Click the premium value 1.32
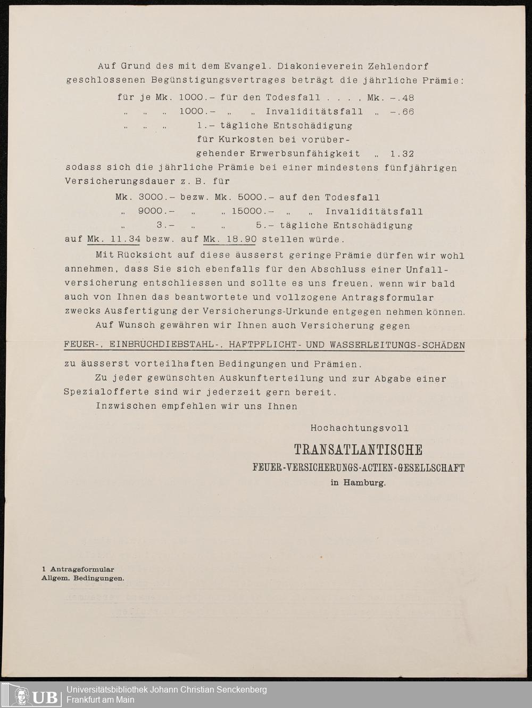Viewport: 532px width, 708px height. [x=402, y=154]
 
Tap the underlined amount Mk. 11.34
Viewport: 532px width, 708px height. [x=114, y=239]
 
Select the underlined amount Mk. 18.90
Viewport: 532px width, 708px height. [x=229, y=239]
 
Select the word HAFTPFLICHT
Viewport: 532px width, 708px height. [x=262, y=345]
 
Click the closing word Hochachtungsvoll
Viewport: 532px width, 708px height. [x=360, y=427]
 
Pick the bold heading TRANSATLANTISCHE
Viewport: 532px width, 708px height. [x=358, y=450]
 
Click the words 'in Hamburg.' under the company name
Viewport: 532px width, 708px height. [x=358, y=483]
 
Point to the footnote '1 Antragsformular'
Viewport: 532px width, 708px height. [x=78, y=569]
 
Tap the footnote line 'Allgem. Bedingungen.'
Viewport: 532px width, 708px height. [x=83, y=578]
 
